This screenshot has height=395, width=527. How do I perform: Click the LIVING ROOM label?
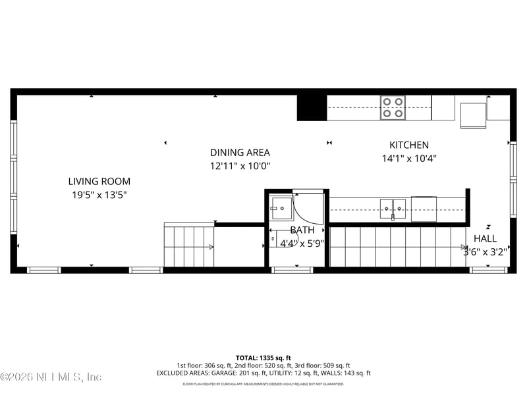tap(99, 181)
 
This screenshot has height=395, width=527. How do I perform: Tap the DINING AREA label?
tap(240, 152)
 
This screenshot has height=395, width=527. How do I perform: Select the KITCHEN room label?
tap(409, 145)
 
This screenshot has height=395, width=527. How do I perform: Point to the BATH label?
tap(302, 230)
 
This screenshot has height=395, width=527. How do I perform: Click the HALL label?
tap(485, 238)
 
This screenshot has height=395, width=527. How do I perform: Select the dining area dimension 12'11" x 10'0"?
tap(240, 167)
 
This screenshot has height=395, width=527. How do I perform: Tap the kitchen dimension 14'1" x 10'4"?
tap(409, 158)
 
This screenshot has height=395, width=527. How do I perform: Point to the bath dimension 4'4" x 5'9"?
tap(302, 243)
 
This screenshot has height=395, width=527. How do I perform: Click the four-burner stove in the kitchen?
tap(393, 107)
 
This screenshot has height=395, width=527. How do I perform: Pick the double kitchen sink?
tap(393, 209)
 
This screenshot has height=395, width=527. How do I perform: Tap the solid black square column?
tap(312, 107)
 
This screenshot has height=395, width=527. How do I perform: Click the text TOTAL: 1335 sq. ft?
tap(263, 357)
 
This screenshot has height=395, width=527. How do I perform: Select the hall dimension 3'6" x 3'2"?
tap(485, 251)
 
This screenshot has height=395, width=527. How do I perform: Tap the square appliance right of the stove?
tap(473, 115)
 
